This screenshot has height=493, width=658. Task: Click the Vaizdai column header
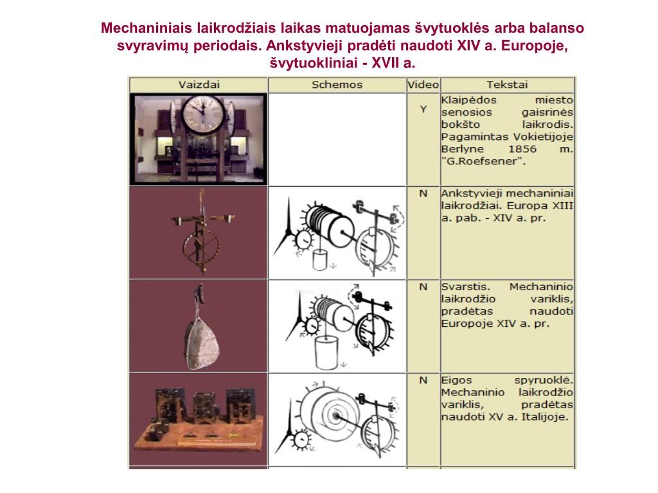tap(199, 85)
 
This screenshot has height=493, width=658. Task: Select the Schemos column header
tap(337, 85)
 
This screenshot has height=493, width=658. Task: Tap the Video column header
tap(423, 85)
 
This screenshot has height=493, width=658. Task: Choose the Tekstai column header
tap(507, 85)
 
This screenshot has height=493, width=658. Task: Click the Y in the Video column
tap(423, 109)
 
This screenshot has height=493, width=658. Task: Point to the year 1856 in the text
tap(522, 149)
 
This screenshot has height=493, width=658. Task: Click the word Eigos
tap(457, 381)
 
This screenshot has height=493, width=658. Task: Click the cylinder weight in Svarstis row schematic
tap(326, 353)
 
